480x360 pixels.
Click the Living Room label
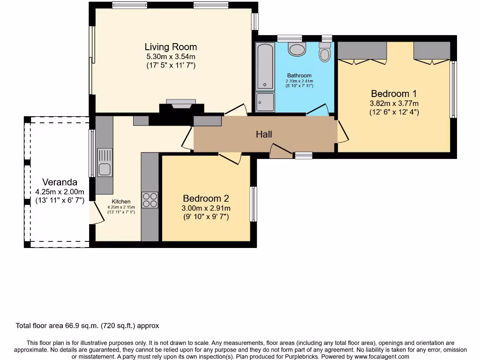click(171, 47)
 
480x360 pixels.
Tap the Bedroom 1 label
click(394, 93)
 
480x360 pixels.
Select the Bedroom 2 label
click(206, 198)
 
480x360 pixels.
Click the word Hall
click(264, 134)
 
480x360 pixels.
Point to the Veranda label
click(60, 182)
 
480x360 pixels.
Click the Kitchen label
click(121, 202)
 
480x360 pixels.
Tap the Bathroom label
click(300, 75)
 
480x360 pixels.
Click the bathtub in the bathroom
click(265, 66)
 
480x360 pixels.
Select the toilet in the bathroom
click(325, 52)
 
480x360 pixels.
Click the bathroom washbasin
click(297, 49)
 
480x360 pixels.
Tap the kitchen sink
click(105, 163)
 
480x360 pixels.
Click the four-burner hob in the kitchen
click(150, 200)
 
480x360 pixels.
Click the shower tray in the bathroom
click(265, 102)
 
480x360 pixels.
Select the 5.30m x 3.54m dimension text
click(171, 57)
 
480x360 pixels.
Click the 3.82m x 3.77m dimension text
click(394, 104)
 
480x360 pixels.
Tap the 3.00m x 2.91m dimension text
click(206, 208)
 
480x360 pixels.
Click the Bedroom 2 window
click(254, 204)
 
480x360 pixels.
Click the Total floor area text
click(87, 326)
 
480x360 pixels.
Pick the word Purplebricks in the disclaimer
click(302, 357)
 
